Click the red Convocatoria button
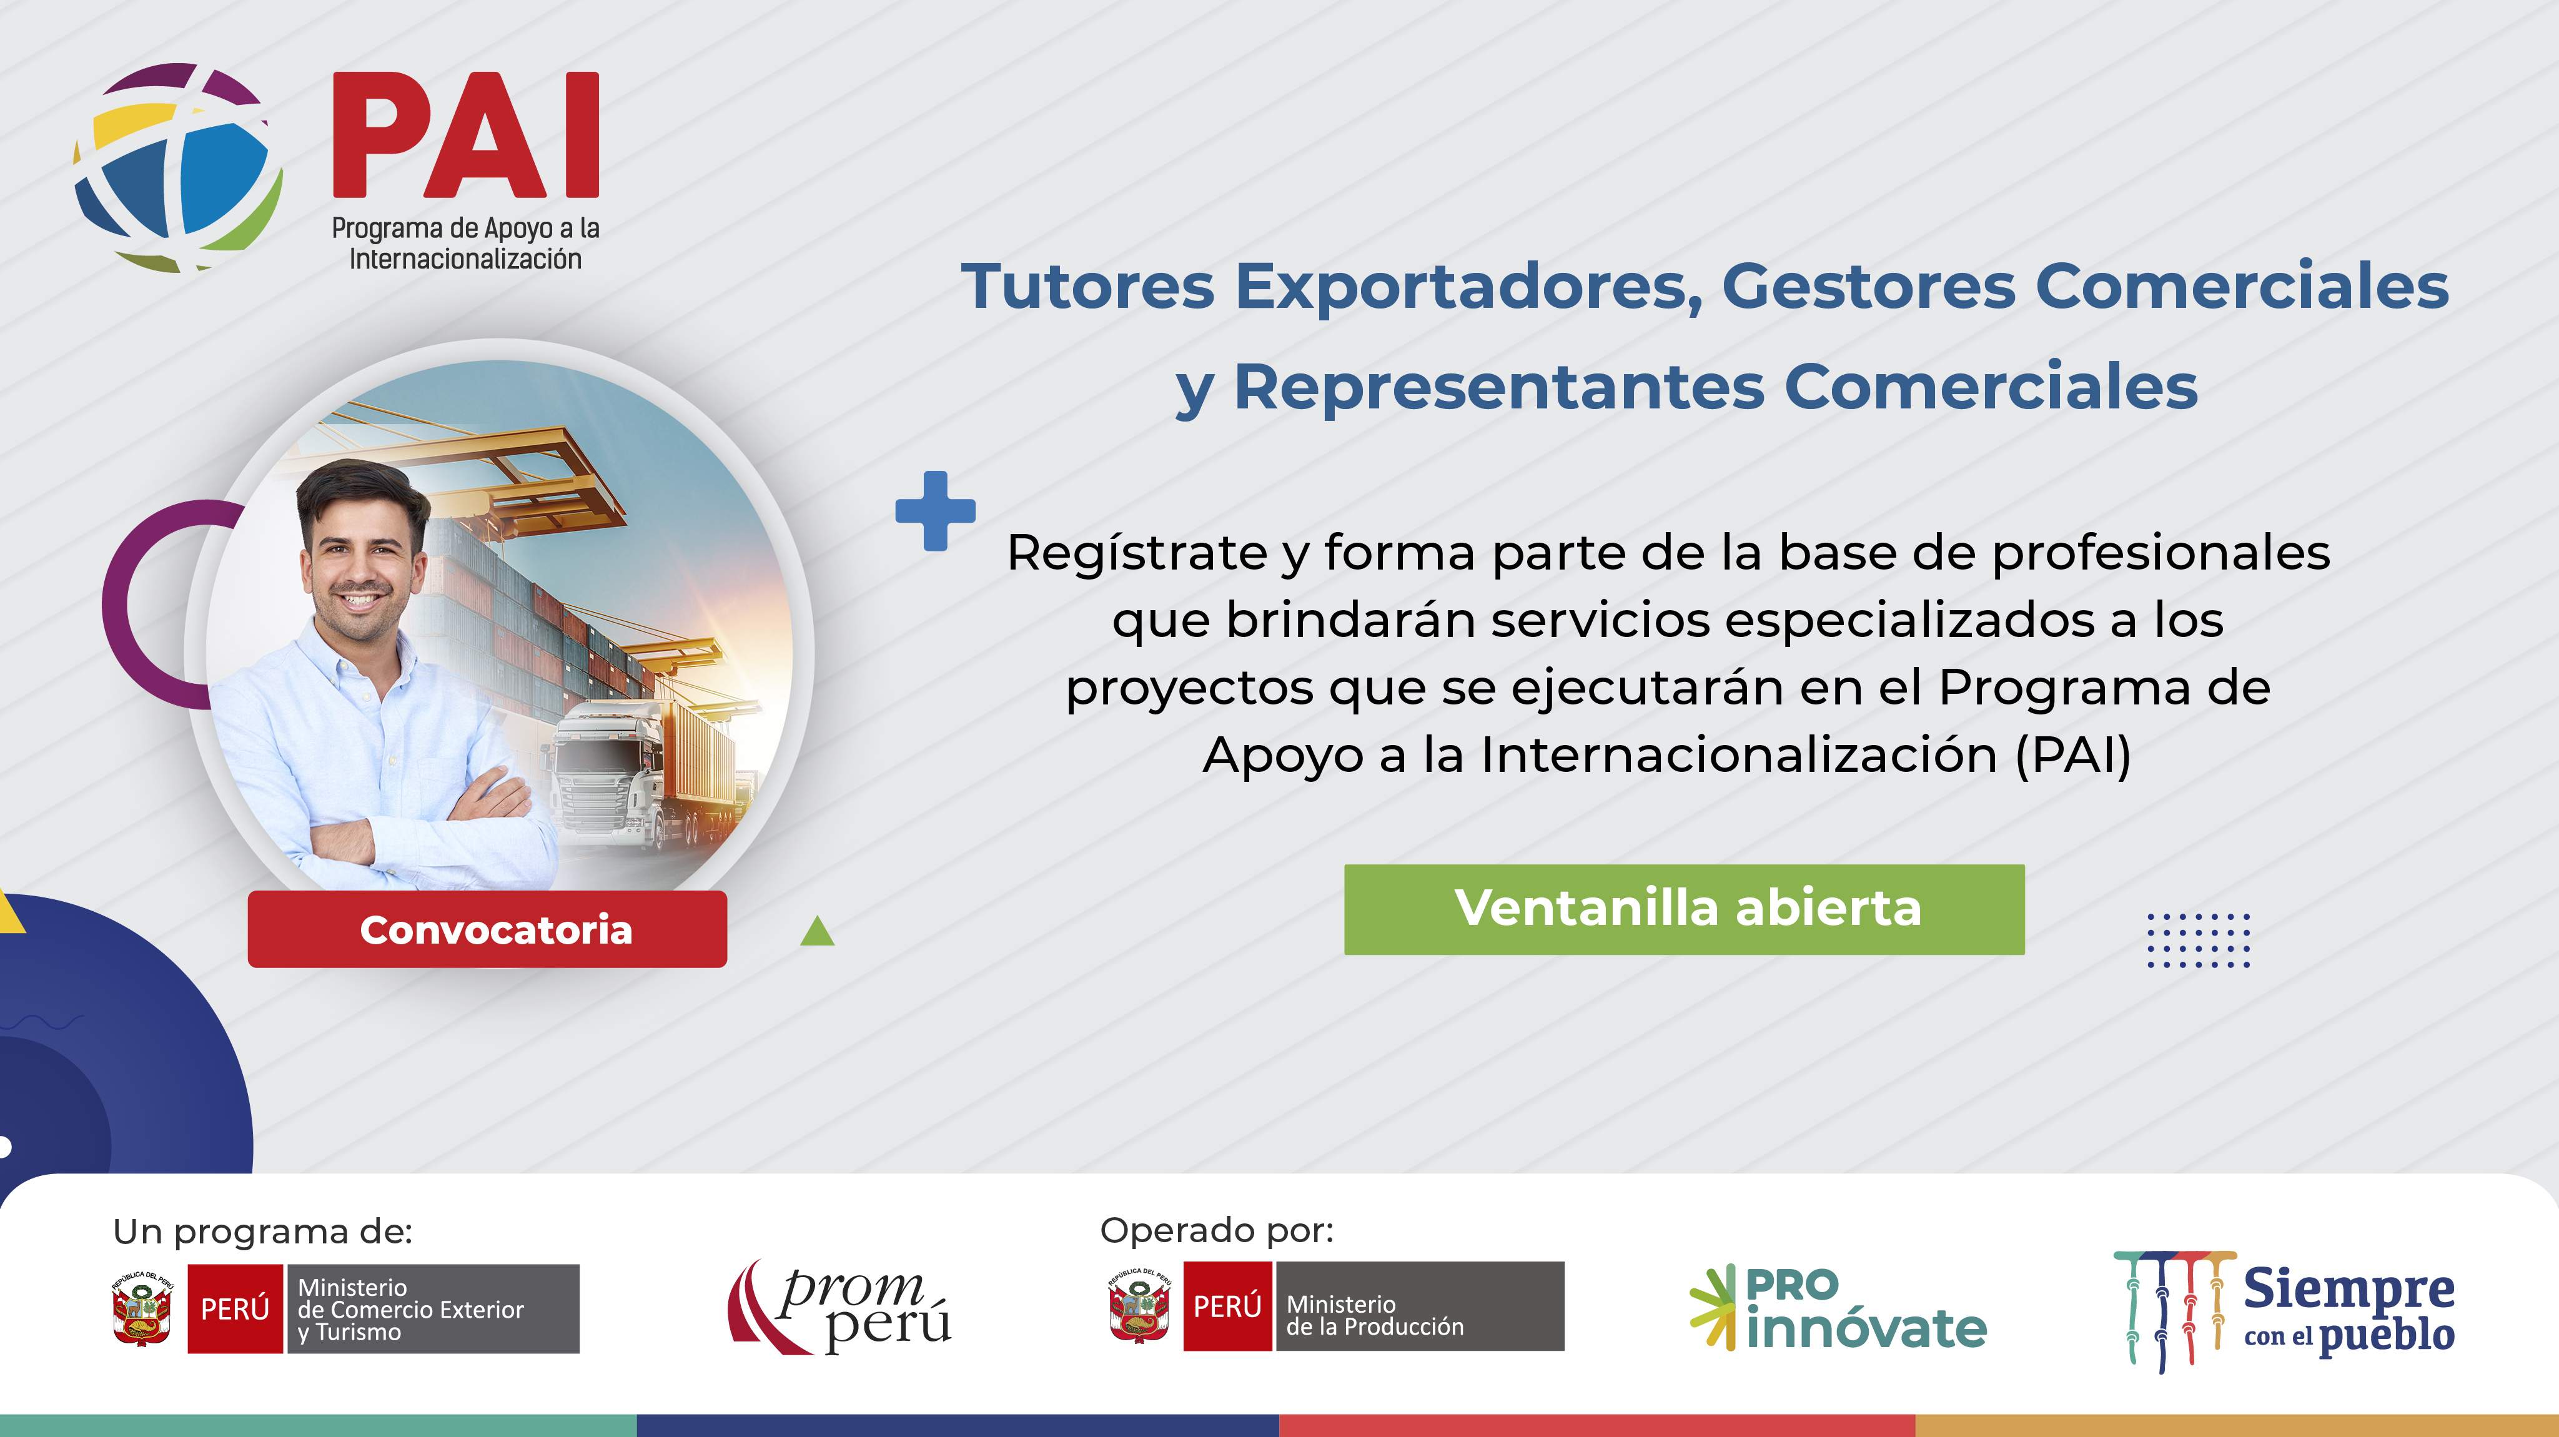click(x=487, y=929)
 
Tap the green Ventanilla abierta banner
click(x=1684, y=909)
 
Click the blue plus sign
click(x=935, y=510)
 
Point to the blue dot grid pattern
click(x=2199, y=939)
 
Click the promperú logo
click(x=839, y=1307)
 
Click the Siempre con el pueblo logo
click(x=2285, y=1311)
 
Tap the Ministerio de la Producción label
click(x=1375, y=1315)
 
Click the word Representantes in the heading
click(x=1500, y=387)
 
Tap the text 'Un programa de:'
click(x=262, y=1232)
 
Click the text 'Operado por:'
click(x=1217, y=1232)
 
